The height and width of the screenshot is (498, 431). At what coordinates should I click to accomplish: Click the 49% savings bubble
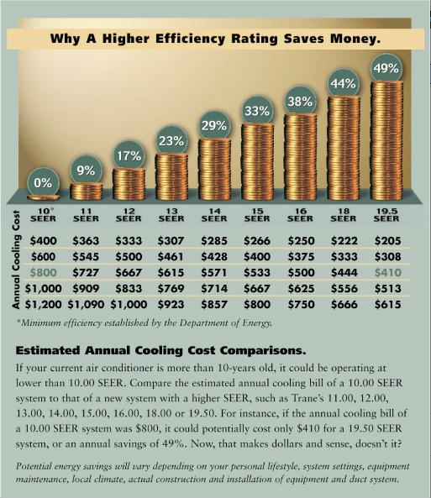pos(386,69)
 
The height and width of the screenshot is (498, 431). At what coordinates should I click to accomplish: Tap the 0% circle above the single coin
pos(43,183)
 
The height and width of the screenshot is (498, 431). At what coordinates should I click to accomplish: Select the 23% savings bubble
pos(171,141)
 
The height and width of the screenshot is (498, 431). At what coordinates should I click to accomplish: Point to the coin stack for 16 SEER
pos(301,156)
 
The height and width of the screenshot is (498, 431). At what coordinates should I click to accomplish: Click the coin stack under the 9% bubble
pos(87,191)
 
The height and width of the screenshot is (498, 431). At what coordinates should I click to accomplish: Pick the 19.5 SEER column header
pos(386,215)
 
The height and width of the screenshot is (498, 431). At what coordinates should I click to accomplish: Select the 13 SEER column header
pos(171,215)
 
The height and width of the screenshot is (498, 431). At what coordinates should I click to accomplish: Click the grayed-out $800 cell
pos(43,272)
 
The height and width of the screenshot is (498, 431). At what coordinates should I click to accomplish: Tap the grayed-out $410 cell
pos(388,272)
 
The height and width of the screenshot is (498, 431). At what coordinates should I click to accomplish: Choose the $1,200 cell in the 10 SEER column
pos(43,305)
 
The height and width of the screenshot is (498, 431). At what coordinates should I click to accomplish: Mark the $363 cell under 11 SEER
pos(86,241)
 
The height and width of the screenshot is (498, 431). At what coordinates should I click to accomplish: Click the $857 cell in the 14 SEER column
pos(214,305)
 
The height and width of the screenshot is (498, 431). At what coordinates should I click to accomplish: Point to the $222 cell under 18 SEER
pos(344,241)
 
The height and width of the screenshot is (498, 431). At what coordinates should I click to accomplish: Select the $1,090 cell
pos(86,305)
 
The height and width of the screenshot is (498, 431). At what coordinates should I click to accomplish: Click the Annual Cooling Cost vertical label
pos(16,259)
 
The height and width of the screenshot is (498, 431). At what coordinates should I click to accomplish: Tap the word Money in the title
pos(355,39)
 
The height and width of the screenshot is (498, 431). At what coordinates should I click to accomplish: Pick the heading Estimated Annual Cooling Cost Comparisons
pos(160,351)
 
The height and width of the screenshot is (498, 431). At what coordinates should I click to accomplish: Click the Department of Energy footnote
pos(145,323)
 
